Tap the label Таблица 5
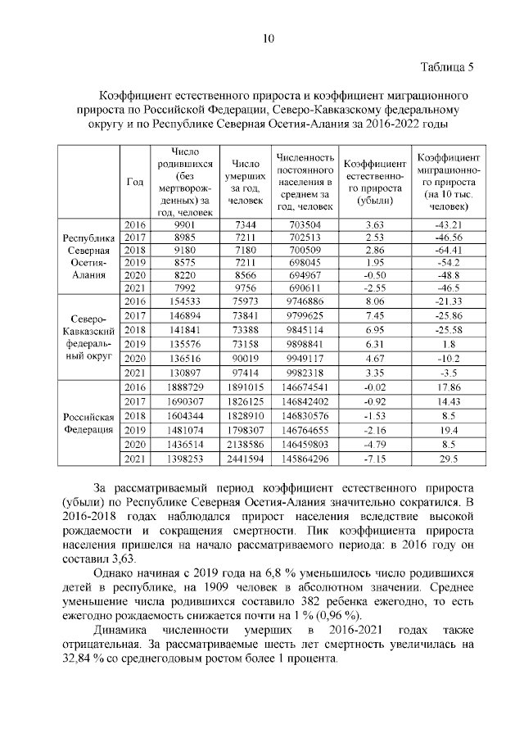pos(447,66)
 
